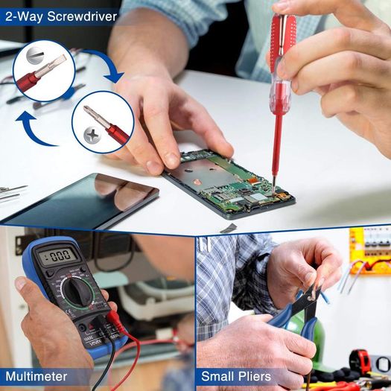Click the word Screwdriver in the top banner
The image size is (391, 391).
tap(82, 16)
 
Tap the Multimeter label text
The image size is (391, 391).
tap(36, 376)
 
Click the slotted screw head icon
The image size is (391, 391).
tap(35, 55)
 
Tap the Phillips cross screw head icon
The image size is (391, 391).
tap(92, 136)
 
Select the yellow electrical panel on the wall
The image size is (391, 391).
tap(370, 250)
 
